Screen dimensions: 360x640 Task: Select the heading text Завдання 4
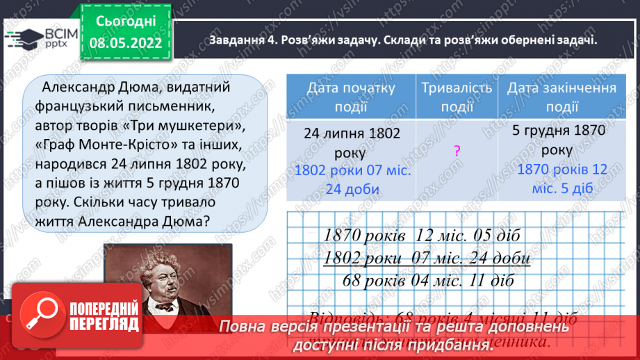[241, 40]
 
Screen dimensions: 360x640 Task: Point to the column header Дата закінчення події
[561, 97]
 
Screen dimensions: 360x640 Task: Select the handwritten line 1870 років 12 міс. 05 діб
[422, 235]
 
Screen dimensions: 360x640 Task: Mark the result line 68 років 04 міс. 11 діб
[428, 281]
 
